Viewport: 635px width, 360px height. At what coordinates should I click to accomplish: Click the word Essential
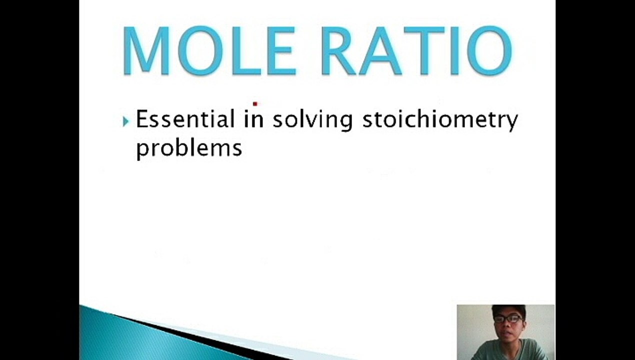pos(185,120)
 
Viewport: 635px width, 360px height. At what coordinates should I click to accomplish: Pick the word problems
pos(189,148)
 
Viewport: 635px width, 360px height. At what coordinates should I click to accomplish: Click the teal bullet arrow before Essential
pos(125,121)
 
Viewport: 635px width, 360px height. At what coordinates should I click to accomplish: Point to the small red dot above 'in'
pos(255,104)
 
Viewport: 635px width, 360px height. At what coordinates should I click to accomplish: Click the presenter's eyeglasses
pos(508,318)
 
